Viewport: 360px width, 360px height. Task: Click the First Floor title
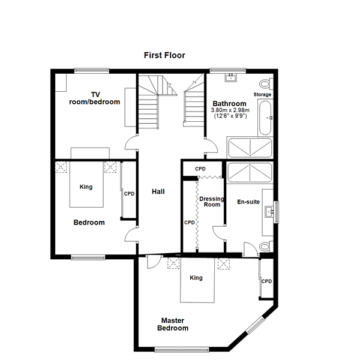click(x=164, y=55)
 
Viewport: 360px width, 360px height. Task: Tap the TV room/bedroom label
click(x=95, y=98)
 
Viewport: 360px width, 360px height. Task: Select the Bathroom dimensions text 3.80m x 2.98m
click(x=230, y=110)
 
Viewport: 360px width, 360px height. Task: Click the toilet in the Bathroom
click(x=266, y=84)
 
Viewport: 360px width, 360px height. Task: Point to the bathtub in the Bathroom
click(x=265, y=118)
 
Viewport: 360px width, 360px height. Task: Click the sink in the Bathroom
click(x=230, y=77)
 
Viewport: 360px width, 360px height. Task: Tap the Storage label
click(x=262, y=94)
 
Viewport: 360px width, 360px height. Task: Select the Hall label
click(x=158, y=191)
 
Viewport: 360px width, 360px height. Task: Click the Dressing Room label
click(x=212, y=202)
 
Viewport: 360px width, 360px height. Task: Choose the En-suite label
click(x=248, y=202)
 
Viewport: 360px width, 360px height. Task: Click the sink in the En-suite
click(x=269, y=212)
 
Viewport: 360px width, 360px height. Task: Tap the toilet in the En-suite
click(x=266, y=247)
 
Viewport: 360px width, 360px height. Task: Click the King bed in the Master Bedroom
click(x=197, y=280)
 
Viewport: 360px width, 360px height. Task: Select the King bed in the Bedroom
click(x=86, y=184)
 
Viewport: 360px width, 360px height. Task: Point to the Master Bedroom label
click(x=173, y=324)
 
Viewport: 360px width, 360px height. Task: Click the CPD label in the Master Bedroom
click(x=266, y=281)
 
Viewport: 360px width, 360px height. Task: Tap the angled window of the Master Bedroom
click(x=255, y=325)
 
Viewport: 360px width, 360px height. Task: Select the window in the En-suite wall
click(x=277, y=212)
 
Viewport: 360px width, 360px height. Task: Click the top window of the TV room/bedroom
click(x=92, y=70)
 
